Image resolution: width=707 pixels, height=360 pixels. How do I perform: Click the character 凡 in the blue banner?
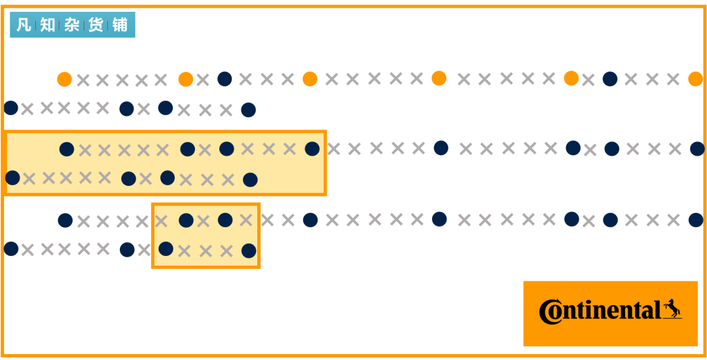pos(24,25)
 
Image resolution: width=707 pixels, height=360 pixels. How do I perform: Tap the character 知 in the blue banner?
pos(47,25)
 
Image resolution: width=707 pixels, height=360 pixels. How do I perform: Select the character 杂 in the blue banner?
pos(72,25)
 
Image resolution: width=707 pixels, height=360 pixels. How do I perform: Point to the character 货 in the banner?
pos(96,25)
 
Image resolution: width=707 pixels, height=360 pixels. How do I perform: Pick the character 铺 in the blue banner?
pos(120,25)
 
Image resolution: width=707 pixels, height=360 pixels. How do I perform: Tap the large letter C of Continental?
pos(550,312)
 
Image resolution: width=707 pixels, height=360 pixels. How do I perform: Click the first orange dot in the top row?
pos(64,79)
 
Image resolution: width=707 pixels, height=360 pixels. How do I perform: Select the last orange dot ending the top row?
pos(695,79)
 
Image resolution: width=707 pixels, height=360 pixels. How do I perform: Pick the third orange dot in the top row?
pos(310,79)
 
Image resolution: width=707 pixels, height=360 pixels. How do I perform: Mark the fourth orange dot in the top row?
pos(439,78)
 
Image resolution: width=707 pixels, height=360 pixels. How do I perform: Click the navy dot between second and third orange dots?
pos(225,79)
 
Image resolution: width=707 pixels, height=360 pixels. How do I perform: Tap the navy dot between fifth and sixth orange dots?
pos(610,79)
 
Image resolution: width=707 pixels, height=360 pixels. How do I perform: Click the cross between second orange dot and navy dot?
pos(203,81)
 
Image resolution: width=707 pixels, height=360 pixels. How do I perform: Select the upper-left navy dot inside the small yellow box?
pos(186,221)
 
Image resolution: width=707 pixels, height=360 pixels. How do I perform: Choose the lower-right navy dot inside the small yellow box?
pos(249,251)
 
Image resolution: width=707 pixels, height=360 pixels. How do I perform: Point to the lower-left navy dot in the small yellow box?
pos(166,249)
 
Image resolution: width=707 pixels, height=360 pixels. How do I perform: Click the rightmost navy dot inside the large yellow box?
pos(312,149)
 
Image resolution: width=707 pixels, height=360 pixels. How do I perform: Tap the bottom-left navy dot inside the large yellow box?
pos(12,177)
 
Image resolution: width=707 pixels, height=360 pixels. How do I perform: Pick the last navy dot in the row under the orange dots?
pos(249,110)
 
